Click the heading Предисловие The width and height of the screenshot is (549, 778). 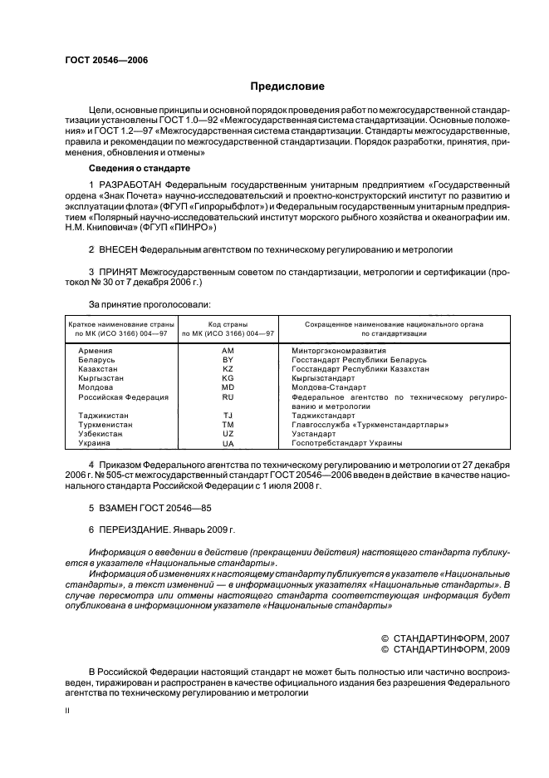[287, 86]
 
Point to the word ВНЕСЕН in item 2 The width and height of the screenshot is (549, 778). [117, 249]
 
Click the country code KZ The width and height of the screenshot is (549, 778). [228, 368]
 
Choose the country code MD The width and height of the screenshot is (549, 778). [228, 387]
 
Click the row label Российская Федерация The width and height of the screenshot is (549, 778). [123, 396]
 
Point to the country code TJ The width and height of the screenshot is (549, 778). [228, 415]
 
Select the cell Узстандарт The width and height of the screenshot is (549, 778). [314, 434]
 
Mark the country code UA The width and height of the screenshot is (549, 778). [228, 443]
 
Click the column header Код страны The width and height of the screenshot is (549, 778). [228, 323]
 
